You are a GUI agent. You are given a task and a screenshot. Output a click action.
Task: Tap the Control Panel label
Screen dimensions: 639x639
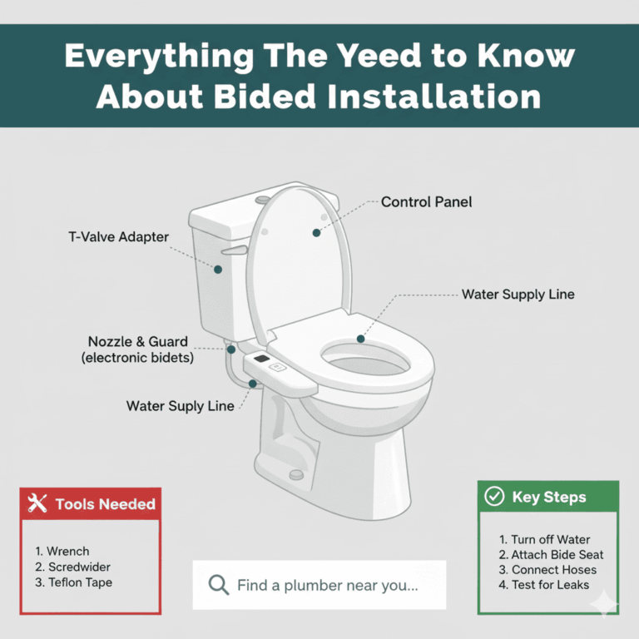[x=426, y=202]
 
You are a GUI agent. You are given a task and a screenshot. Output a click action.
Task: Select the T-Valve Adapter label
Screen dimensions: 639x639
[x=118, y=237]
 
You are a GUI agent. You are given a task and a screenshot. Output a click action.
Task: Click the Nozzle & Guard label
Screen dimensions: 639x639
[x=138, y=342]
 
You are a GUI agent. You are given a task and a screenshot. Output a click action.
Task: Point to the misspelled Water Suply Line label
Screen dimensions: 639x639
[x=181, y=406]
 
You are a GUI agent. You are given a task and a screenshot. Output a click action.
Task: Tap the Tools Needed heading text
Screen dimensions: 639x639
[x=105, y=503]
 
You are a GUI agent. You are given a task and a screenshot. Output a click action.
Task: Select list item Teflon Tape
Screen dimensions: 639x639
[x=74, y=582]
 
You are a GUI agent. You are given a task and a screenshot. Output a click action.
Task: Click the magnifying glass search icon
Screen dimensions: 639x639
[x=218, y=585]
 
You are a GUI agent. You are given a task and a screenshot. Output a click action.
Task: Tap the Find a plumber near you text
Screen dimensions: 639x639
[x=327, y=585]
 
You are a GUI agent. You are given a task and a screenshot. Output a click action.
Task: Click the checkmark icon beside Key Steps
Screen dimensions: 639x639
[x=494, y=497]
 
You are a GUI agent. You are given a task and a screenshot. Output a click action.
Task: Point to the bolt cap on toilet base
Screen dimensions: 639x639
[x=295, y=474]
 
